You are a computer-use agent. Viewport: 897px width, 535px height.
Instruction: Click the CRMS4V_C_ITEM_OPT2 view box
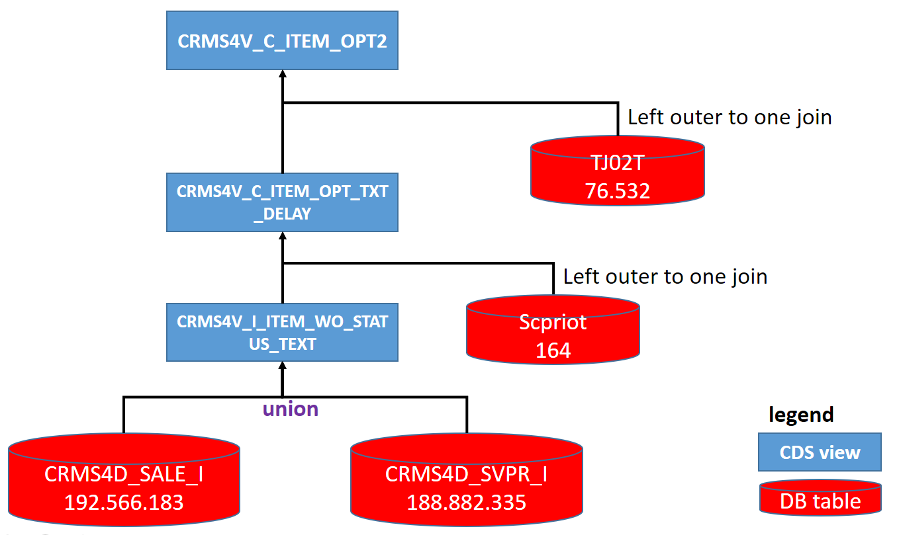tap(282, 41)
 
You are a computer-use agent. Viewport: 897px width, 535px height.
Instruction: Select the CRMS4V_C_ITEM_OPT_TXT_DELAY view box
tap(282, 202)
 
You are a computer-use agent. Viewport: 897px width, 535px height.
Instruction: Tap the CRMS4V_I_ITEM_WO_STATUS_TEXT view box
tap(282, 333)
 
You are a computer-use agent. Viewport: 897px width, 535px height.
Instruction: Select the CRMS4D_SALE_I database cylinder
tap(124, 479)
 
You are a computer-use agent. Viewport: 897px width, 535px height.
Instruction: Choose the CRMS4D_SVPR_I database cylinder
tap(467, 479)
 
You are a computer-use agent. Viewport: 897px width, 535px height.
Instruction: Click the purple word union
tap(291, 409)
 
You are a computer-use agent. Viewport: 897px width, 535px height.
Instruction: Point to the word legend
tap(801, 415)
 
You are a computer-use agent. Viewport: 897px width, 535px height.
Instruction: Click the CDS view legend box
tap(820, 452)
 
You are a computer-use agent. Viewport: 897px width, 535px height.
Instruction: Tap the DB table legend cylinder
tap(820, 497)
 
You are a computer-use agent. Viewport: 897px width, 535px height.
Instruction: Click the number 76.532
tap(617, 190)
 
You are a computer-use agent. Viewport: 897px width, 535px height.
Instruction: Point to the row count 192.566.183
tap(124, 502)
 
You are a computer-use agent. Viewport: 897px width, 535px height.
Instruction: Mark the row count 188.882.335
tap(467, 502)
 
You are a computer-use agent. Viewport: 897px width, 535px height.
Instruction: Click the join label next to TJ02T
tap(730, 117)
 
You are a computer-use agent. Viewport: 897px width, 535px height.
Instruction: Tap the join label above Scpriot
tap(665, 276)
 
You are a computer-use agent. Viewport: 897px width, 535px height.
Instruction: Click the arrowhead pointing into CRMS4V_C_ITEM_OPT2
tap(283, 75)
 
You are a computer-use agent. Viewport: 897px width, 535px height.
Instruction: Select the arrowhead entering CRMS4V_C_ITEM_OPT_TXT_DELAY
tap(283, 237)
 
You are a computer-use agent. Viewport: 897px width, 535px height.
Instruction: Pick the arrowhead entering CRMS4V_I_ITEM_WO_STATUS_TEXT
tap(283, 366)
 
